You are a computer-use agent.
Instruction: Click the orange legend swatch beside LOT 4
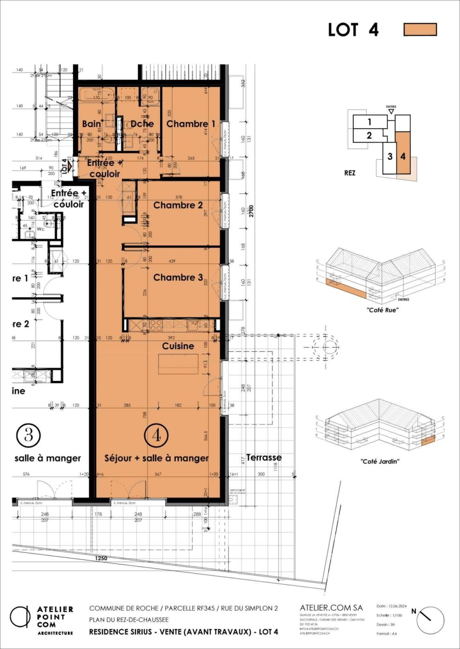pos(420,29)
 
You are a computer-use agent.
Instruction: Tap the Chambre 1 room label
pos(190,124)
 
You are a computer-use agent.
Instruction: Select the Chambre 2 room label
pos(178,205)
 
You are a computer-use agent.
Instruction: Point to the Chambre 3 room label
pos(178,277)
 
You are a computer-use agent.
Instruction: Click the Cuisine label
pos(178,346)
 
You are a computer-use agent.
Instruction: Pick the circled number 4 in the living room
pos(156,435)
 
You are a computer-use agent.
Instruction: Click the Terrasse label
pos(264,457)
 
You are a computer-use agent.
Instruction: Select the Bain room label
pos(92,124)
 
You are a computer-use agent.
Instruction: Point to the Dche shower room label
pos(142,124)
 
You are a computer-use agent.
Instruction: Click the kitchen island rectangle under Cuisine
pos(178,364)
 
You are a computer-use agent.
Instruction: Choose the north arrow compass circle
pos(431,621)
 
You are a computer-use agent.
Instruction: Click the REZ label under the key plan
pos(350,173)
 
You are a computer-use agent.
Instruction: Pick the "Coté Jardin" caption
pos(380,461)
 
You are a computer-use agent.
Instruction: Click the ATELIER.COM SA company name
pos(331,608)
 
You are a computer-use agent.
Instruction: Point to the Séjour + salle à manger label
pos(156,458)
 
